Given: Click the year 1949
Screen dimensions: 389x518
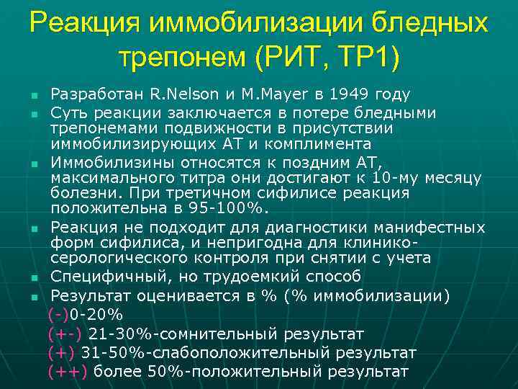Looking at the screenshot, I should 350,94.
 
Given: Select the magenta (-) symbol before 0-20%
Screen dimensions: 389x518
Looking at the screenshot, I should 58,315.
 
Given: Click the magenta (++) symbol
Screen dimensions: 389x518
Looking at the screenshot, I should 68,372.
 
